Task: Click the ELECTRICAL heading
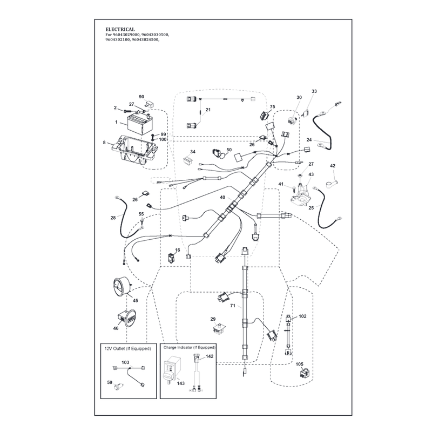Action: (x=120, y=29)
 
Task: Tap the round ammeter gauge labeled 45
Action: (x=122, y=287)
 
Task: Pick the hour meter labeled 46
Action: (x=126, y=317)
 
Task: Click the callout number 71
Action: (x=233, y=306)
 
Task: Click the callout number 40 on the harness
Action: (x=222, y=197)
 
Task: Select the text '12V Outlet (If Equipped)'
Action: (x=128, y=348)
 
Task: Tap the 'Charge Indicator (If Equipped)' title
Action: (x=190, y=347)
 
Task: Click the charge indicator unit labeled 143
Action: (x=172, y=370)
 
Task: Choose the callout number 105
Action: (x=300, y=364)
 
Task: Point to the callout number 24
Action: (x=309, y=140)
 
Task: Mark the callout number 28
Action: (x=113, y=218)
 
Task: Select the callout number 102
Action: (x=302, y=316)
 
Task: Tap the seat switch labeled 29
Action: (x=220, y=328)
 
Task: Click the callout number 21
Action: (x=208, y=110)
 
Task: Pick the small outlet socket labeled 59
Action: (x=118, y=387)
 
